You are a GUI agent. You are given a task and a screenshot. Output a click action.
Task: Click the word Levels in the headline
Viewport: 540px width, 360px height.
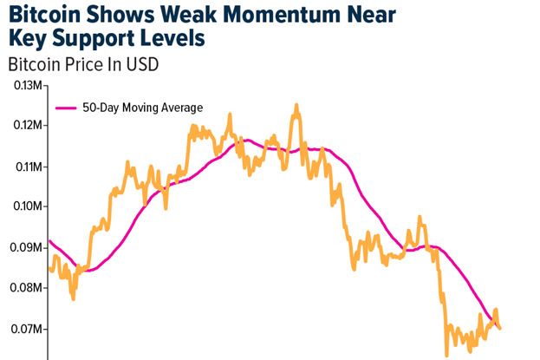pyautogui.click(x=175, y=40)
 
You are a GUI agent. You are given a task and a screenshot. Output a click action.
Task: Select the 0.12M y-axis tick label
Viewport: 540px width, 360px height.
pyautogui.click(x=26, y=126)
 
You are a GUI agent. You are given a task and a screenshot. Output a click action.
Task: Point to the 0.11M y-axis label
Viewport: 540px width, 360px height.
pyautogui.click(x=26, y=167)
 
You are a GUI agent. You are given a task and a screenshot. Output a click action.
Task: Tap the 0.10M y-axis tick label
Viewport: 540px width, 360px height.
pyautogui.click(x=26, y=207)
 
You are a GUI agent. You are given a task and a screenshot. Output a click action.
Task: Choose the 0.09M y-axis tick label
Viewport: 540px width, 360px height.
pyautogui.click(x=26, y=248)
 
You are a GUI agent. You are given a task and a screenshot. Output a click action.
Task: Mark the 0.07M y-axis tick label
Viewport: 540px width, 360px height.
pyautogui.click(x=26, y=330)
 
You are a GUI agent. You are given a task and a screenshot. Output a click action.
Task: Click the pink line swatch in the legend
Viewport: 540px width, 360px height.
pyautogui.click(x=66, y=108)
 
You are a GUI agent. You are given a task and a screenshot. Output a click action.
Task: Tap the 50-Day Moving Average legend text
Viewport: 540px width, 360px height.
pyautogui.click(x=142, y=108)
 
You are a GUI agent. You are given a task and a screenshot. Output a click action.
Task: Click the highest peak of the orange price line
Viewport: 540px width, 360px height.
pyautogui.click(x=296, y=105)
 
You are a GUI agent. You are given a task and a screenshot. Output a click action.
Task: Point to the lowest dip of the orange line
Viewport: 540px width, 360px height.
pyautogui.click(x=446, y=355)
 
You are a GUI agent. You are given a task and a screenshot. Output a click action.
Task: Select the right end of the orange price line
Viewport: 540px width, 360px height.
pyautogui.click(x=500, y=327)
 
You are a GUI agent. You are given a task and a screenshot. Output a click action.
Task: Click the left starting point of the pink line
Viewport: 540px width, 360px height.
pyautogui.click(x=49, y=240)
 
